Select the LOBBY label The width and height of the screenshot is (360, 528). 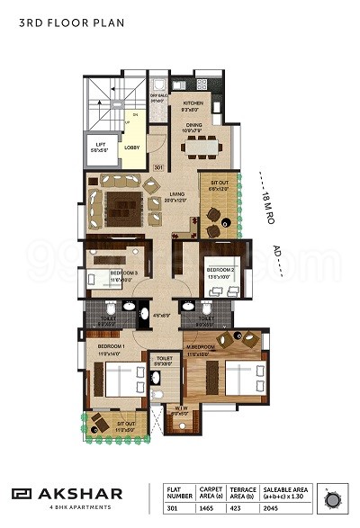point(130,148)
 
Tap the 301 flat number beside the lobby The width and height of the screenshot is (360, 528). point(157,167)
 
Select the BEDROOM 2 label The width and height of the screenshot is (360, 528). point(220,270)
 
